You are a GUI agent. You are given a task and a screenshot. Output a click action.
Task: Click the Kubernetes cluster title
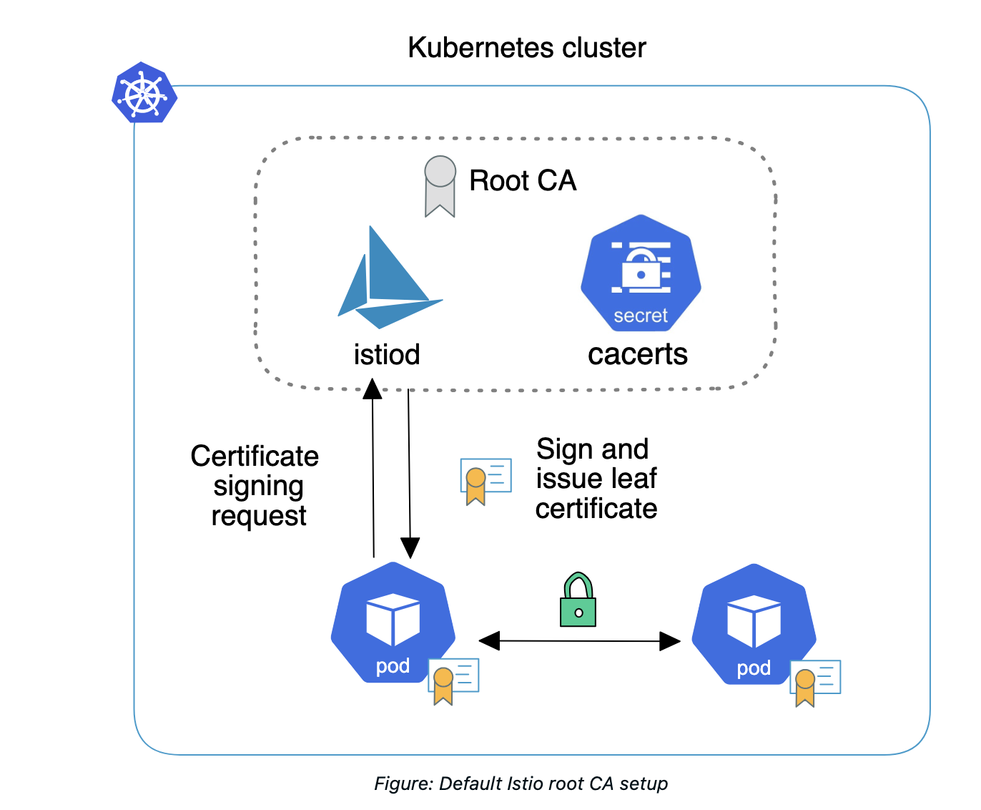click(x=526, y=48)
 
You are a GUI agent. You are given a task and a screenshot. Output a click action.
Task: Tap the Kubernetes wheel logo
click(x=144, y=92)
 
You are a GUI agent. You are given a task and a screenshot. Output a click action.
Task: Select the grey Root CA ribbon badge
click(x=440, y=185)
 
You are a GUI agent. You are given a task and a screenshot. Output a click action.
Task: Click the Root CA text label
click(x=523, y=181)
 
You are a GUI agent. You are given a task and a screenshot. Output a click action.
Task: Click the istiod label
click(x=387, y=354)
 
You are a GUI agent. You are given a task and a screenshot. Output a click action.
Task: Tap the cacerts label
click(x=638, y=354)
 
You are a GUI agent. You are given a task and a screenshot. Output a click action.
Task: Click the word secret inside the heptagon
click(x=641, y=316)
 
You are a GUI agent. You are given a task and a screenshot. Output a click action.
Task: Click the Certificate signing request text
click(x=255, y=486)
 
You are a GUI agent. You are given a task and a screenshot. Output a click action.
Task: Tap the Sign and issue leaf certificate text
click(x=596, y=479)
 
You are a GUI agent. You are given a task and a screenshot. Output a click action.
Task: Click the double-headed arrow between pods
click(x=579, y=641)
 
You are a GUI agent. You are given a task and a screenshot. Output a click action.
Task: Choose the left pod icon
click(x=393, y=622)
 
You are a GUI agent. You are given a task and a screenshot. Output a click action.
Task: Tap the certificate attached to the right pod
click(x=814, y=681)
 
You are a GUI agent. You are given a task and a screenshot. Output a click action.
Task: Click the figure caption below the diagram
click(x=521, y=784)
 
